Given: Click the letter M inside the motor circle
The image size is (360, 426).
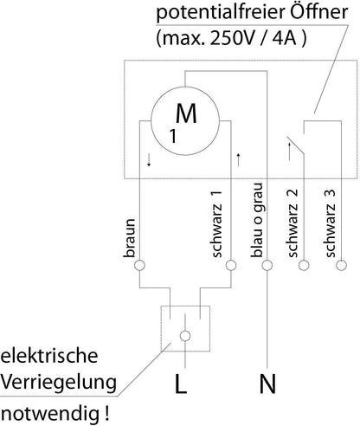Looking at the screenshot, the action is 186,113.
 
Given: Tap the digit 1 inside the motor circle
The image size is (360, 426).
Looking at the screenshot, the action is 173,136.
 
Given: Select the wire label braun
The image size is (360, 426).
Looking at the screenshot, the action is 129,238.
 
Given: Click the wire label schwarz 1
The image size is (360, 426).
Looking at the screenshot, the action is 216,223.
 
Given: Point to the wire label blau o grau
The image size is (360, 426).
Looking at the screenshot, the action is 256,220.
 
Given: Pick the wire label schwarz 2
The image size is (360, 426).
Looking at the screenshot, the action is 292,223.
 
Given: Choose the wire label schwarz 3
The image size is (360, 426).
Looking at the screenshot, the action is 330,223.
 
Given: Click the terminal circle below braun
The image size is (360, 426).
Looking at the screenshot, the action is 139,265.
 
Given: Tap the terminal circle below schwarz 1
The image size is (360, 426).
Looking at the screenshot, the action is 231,265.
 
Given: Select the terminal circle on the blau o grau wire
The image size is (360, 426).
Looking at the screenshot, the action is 267,265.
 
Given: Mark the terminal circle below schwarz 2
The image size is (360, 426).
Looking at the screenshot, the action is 304,265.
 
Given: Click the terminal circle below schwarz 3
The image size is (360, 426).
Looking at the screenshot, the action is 341,265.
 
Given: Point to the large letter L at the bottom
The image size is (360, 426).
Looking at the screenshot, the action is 181,384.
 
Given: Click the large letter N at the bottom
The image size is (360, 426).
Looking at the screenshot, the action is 267,384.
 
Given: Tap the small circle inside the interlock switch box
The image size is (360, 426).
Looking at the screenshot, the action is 185,336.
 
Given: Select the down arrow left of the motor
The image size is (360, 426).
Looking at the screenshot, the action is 149,160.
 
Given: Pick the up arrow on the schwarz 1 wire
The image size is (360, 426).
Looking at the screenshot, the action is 238,160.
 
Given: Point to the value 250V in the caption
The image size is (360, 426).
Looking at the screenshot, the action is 228,38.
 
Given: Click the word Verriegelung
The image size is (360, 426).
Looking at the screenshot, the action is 59,384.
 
